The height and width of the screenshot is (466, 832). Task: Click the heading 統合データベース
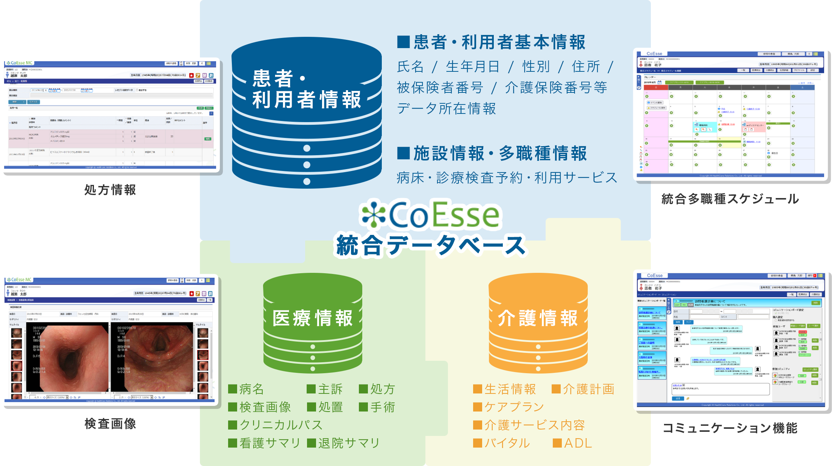click(x=431, y=245)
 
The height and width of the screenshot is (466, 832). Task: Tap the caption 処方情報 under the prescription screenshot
click(x=110, y=190)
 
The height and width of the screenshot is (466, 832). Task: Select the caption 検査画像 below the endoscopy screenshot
click(x=110, y=424)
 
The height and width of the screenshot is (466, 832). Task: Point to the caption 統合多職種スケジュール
click(x=730, y=199)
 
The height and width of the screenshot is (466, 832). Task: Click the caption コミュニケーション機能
click(x=731, y=428)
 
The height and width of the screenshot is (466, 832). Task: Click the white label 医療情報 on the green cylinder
click(x=313, y=318)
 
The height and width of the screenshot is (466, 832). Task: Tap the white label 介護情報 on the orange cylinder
click(x=538, y=318)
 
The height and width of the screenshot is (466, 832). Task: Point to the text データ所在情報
click(x=446, y=109)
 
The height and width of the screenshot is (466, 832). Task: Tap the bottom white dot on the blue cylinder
click(x=307, y=182)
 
